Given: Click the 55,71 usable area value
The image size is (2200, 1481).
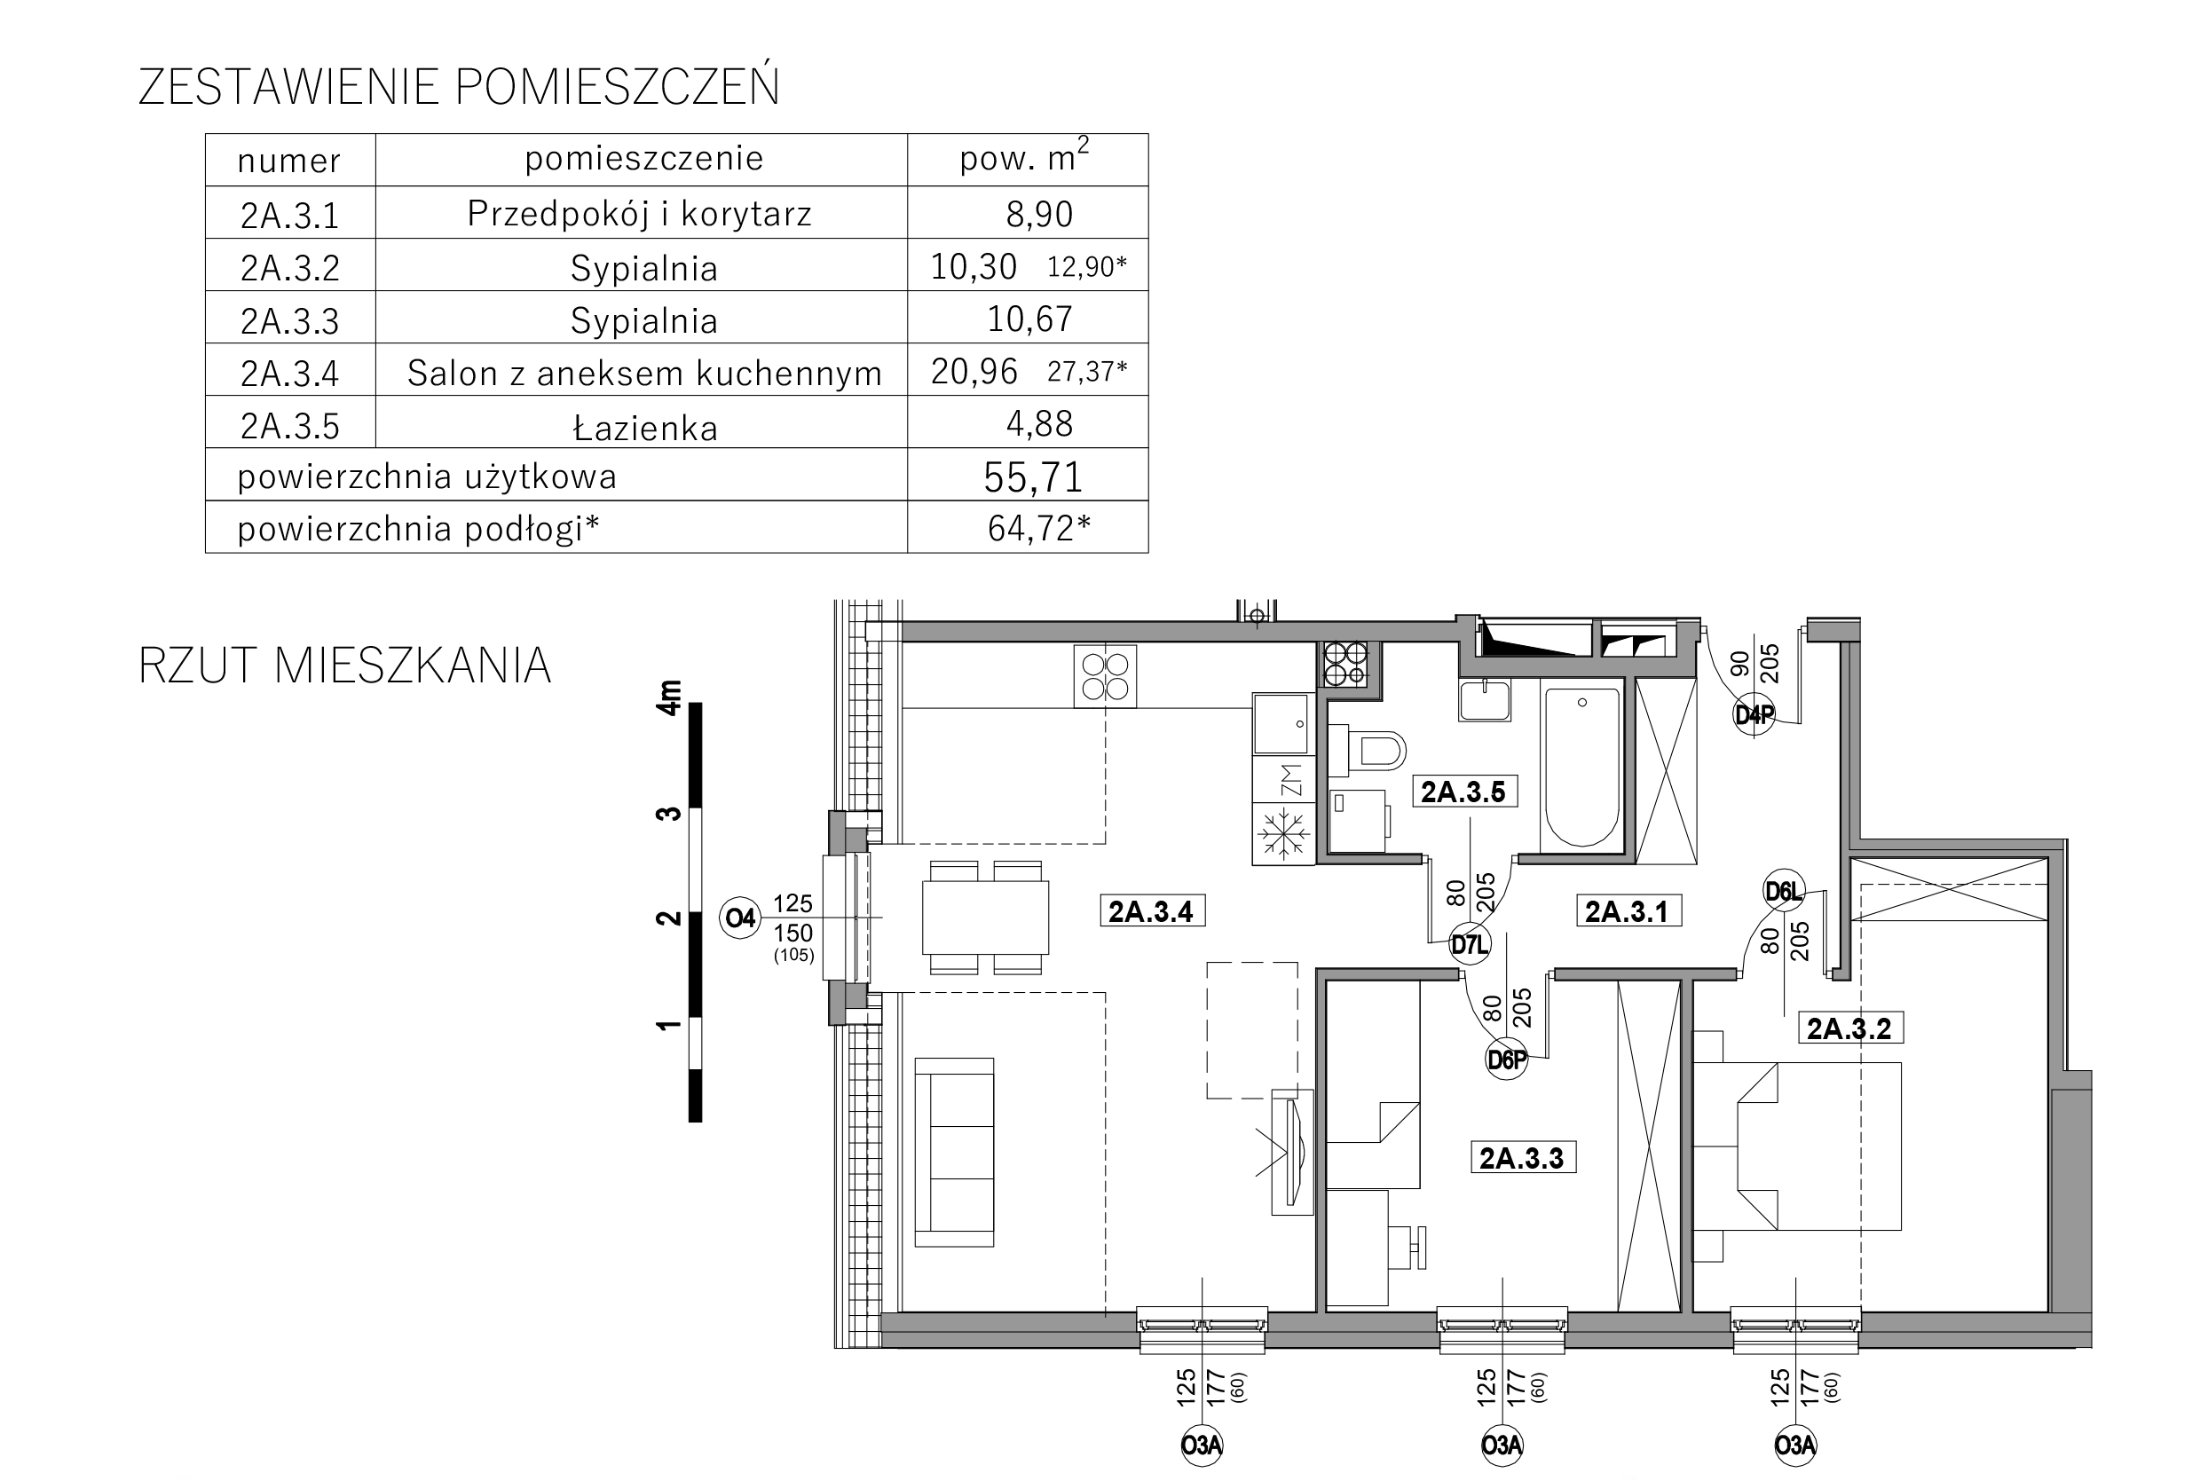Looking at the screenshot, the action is tap(1032, 477).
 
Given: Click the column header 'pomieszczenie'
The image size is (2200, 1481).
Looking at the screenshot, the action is tap(644, 158).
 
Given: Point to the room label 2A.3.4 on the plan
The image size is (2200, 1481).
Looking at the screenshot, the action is tap(1152, 911).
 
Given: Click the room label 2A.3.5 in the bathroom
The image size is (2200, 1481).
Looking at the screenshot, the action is tap(1464, 792).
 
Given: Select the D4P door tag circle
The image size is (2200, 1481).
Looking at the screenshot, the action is tap(1754, 715).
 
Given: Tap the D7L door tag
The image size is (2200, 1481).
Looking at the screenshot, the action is tap(1470, 944).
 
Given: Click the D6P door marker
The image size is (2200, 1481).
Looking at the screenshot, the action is tap(1507, 1060).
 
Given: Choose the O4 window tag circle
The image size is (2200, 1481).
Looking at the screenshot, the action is tap(739, 918).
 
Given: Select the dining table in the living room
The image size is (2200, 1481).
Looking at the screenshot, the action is tap(985, 918).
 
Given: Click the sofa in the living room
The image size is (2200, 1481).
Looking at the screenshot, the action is tap(954, 1153).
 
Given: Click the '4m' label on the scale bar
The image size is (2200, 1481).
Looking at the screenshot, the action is tap(670, 697).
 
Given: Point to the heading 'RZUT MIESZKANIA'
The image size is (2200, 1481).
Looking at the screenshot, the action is tap(345, 666).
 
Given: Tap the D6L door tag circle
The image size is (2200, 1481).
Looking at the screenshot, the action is tap(1785, 891).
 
